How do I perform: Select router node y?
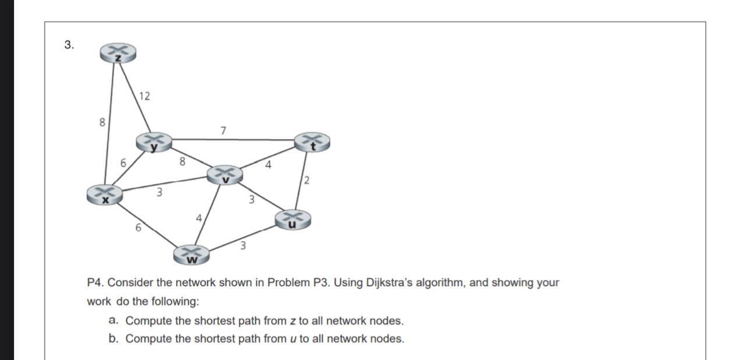pos(154,142)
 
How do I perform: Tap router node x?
pos(105,194)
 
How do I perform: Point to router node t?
pos(312,142)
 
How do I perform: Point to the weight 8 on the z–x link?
pos(102,123)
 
